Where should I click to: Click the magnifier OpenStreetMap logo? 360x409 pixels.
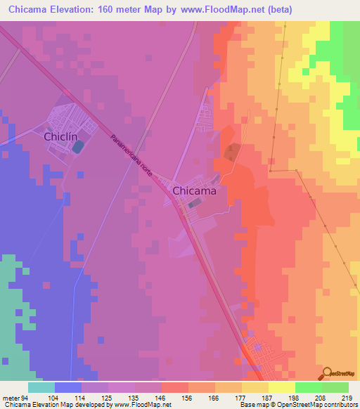[326, 373]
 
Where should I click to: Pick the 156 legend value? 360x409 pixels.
[188, 397]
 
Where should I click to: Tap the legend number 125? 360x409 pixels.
[108, 397]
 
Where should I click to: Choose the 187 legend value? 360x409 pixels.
[268, 397]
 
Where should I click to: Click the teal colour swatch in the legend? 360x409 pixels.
[41, 387]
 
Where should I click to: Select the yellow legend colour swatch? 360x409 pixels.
[281, 387]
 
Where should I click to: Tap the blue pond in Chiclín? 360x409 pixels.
[77, 146]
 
